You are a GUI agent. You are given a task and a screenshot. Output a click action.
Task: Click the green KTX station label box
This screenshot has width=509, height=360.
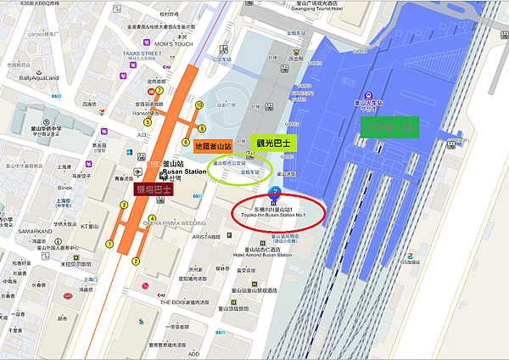pyautogui.click(x=389, y=128)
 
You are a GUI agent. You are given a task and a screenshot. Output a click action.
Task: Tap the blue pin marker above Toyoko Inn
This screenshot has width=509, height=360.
pyautogui.click(x=275, y=194)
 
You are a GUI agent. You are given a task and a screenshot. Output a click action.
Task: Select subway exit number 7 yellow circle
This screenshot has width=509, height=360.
pyautogui.click(x=159, y=90)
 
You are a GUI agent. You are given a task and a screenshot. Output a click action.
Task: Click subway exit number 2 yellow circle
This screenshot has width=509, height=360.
pyautogui.click(x=135, y=261)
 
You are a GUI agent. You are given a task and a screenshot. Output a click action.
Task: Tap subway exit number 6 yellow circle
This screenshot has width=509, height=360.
pyautogui.click(x=186, y=142)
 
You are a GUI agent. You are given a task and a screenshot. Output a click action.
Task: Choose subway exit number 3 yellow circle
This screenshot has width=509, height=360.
pyautogui.click(x=124, y=205)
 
